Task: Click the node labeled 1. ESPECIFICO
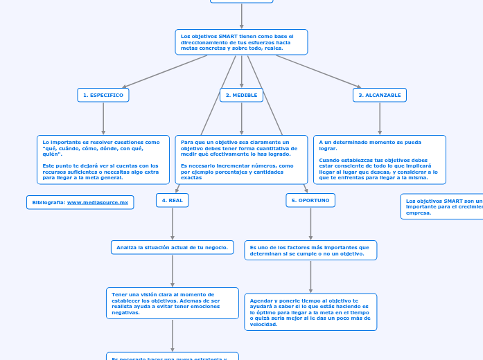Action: pyautogui.click(x=103, y=95)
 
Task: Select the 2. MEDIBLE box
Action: pyautogui.click(x=241, y=95)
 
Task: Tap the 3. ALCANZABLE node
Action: pyautogui.click(x=379, y=95)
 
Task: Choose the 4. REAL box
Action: pyautogui.click(x=172, y=200)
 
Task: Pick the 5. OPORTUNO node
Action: pyautogui.click(x=310, y=200)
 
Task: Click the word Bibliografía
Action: pyautogui.click(x=49, y=202)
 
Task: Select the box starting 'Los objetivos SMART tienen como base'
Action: pyautogui.click(x=241, y=42)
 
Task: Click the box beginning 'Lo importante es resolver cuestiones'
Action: pyautogui.click(x=103, y=159)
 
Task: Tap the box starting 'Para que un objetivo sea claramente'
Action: pyautogui.click(x=241, y=159)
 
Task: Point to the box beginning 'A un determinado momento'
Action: pyautogui.click(x=379, y=159)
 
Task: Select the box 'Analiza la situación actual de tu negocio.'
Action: pyautogui.click(x=172, y=247)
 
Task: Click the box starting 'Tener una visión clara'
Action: pyautogui.click(x=172, y=303)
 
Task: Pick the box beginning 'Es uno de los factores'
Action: pyautogui.click(x=310, y=250)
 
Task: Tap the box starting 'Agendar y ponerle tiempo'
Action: pyautogui.click(x=310, y=312)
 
